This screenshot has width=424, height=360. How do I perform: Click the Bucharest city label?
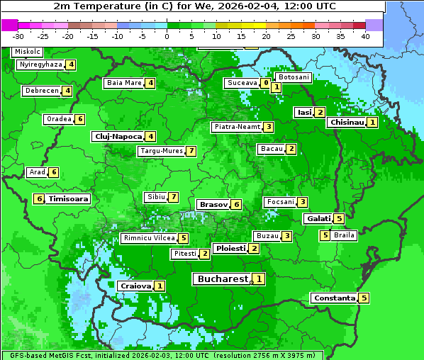pos(222,279)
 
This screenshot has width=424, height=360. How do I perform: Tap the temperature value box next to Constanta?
pos(364,298)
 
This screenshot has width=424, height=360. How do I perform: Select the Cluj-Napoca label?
pos(117,136)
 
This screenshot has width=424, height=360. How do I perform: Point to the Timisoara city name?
pos(69,199)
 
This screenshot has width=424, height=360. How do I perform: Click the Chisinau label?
pos(347,122)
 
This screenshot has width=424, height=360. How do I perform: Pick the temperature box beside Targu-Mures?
pos(191,151)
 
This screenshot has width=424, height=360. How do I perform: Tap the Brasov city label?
pos(213,204)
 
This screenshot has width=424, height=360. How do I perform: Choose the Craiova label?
pos(135,286)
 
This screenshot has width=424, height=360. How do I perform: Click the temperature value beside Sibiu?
pos(172,196)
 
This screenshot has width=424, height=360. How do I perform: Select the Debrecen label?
pos(41,91)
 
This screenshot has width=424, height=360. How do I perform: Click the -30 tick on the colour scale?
pos(18,36)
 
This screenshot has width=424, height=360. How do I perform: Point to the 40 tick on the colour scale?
pos(366,36)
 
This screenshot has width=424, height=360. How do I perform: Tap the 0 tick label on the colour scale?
pos(167,36)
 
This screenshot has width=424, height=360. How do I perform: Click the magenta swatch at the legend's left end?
pos(9,25)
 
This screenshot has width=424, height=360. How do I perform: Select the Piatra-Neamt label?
pos(237,127)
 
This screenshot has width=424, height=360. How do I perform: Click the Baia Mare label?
pos(124,83)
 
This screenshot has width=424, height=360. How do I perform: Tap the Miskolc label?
pos(28,52)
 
